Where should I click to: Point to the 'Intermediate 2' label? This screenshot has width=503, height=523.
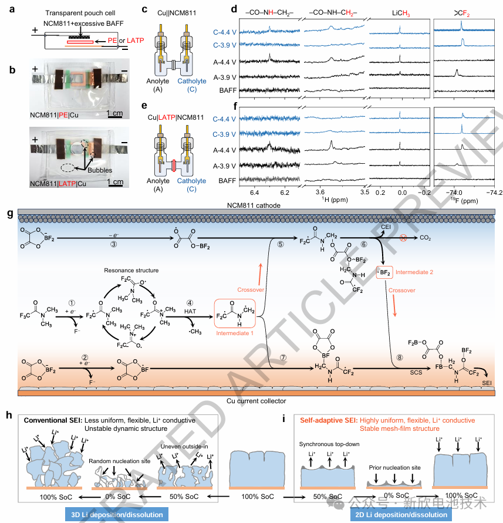(x=416, y=273)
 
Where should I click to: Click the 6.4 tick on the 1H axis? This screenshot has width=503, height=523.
(x=254, y=191)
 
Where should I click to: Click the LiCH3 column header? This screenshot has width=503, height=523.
(x=398, y=12)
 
